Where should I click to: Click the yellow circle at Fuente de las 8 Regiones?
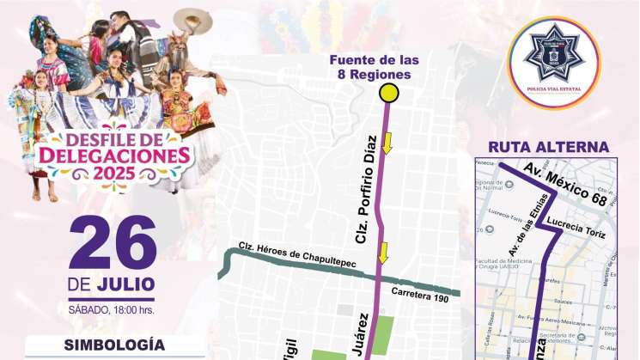pyautogui.click(x=390, y=94)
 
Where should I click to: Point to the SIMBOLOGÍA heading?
pyautogui.click(x=113, y=345)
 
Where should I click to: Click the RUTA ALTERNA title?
pyautogui.click(x=548, y=147)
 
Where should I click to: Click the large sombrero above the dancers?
pyautogui.click(x=193, y=19)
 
